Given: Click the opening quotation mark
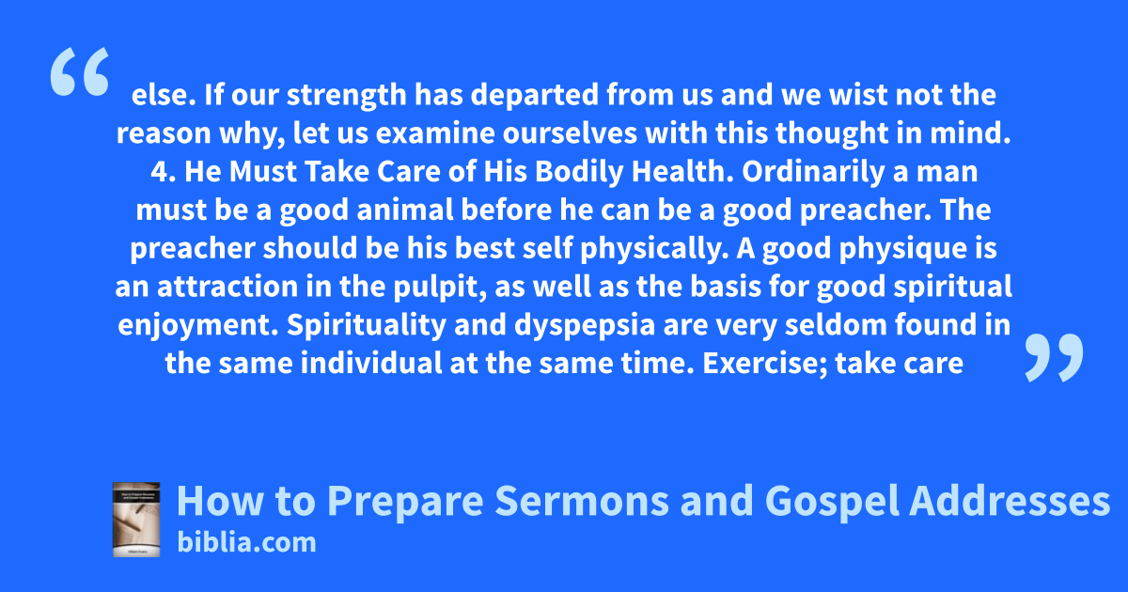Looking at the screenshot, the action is pos(80,71).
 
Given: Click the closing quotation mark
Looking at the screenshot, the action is pos(1054,357).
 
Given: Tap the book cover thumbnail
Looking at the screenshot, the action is pos(136,520).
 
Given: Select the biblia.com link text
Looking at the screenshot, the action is pos(246,542).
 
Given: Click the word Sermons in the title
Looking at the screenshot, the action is pos(582,500).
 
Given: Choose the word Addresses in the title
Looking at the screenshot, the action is pos(1010,500).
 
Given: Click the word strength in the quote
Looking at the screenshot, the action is pos(347,96).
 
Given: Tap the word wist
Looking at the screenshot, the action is pos(858,95).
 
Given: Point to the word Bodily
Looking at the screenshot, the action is pos(579,173).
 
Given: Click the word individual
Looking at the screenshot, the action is pos(371,363).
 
